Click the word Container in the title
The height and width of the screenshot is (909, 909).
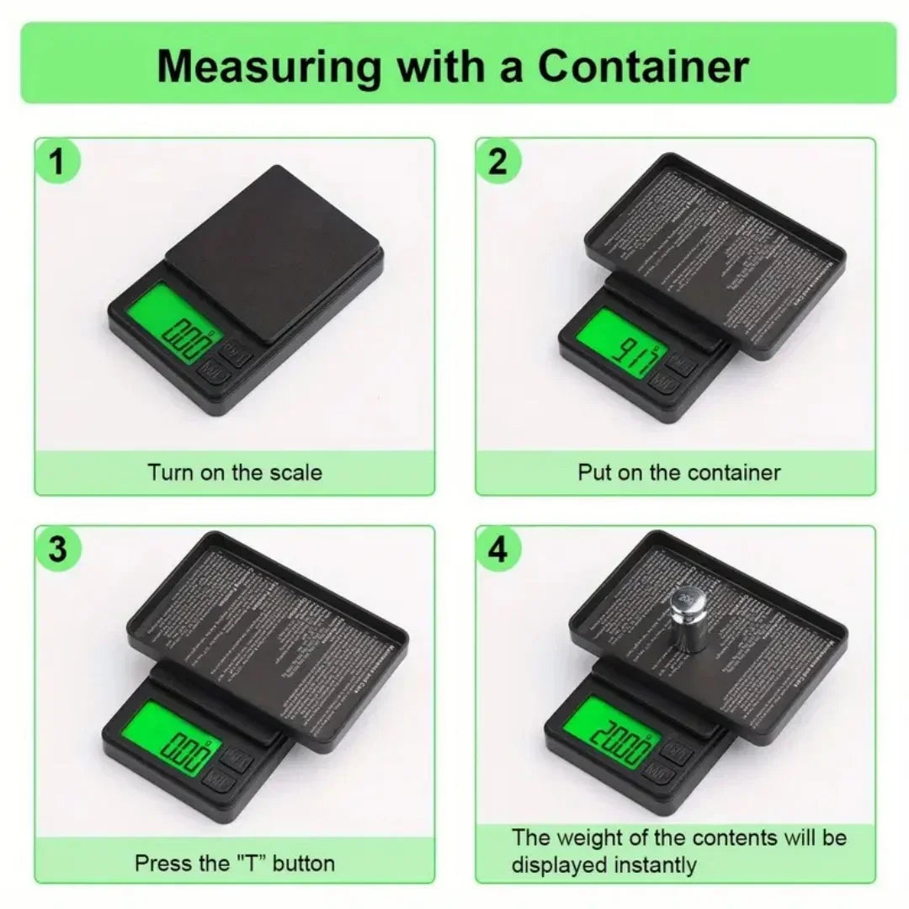[x=643, y=66]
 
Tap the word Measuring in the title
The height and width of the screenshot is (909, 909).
[x=268, y=66]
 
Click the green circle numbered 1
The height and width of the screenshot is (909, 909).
[x=57, y=162]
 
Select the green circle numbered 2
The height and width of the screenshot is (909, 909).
[x=498, y=162]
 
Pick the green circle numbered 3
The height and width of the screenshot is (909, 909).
[x=57, y=550]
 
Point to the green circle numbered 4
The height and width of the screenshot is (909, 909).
[x=498, y=550]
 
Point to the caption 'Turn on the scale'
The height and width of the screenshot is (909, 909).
[x=235, y=472]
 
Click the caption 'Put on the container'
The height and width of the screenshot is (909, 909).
[x=678, y=472]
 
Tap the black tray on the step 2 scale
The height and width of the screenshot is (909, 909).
[x=715, y=252]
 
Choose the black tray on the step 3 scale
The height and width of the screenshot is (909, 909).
[x=269, y=640]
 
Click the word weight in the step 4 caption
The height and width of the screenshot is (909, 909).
[x=594, y=837]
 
